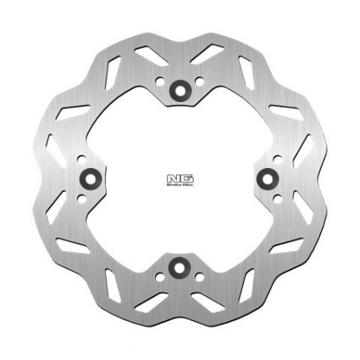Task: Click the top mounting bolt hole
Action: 179,89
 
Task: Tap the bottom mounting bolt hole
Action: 179,267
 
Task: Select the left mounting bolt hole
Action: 90,178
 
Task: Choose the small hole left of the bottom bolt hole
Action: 162,276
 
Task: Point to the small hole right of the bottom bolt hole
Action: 198,276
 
